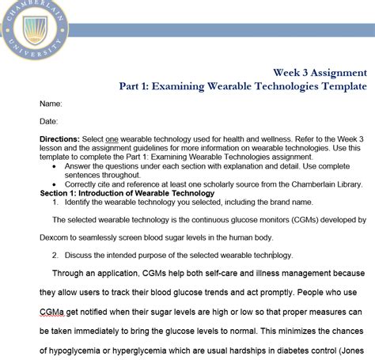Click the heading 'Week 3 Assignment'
pyautogui.click(x=320, y=70)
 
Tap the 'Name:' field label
pyautogui.click(x=51, y=104)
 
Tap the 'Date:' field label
pyautogui.click(x=49, y=121)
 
